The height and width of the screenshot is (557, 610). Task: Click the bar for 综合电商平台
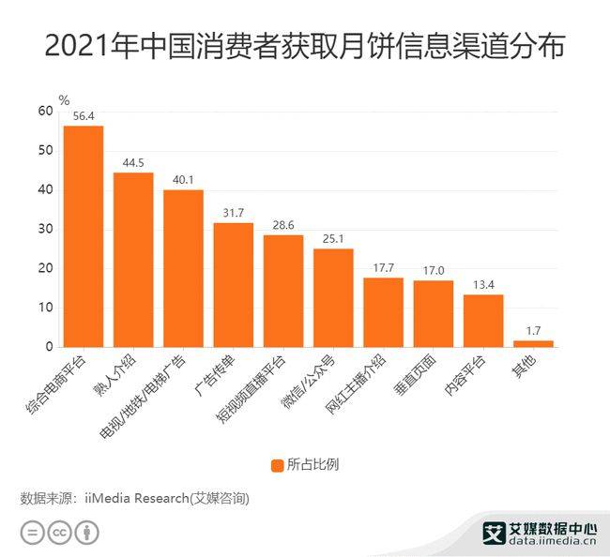tap(84, 236)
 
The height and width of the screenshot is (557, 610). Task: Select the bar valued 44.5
tap(133, 260)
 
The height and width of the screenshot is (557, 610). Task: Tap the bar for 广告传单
tap(233, 285)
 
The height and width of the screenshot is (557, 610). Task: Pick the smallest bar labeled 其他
tap(533, 343)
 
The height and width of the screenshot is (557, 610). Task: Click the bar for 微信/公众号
tap(333, 298)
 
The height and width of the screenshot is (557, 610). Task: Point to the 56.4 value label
tap(84, 116)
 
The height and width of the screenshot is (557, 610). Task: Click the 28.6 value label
tap(282, 226)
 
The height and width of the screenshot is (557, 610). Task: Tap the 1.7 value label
tap(533, 332)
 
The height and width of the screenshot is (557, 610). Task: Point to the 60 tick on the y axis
tap(45, 111)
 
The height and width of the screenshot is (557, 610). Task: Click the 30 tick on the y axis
tap(45, 230)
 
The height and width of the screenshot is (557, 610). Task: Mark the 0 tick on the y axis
tap(49, 348)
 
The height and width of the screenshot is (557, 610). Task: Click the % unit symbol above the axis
tap(64, 98)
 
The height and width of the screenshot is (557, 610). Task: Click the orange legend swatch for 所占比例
tap(277, 465)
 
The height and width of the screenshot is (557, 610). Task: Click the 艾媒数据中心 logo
tap(540, 532)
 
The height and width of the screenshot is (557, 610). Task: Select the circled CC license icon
tap(60, 533)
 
